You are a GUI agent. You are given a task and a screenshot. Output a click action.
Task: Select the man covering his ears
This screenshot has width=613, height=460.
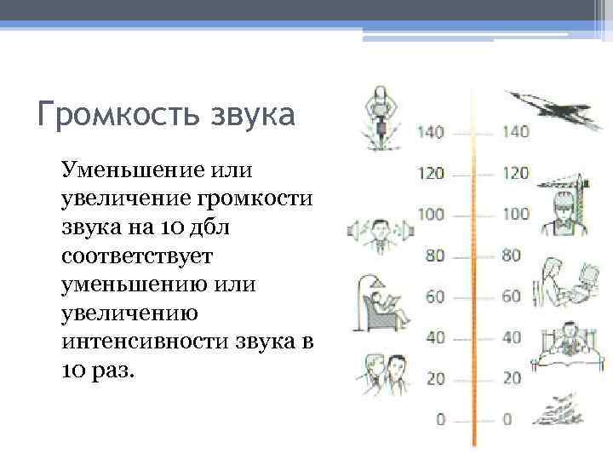[379, 233]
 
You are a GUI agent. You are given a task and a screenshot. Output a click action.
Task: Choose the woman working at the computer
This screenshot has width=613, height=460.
[562, 283]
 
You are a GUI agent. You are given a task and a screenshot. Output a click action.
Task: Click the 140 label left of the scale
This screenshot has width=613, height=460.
[431, 132]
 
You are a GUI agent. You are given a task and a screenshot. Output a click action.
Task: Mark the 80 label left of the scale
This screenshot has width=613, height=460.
[435, 255]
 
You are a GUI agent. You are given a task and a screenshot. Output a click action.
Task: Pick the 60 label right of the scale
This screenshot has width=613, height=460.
[512, 296]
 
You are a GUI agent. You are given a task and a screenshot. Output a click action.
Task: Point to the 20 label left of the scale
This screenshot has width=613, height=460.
[435, 377]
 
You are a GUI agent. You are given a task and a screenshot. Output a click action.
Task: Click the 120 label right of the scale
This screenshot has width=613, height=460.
[515, 173]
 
